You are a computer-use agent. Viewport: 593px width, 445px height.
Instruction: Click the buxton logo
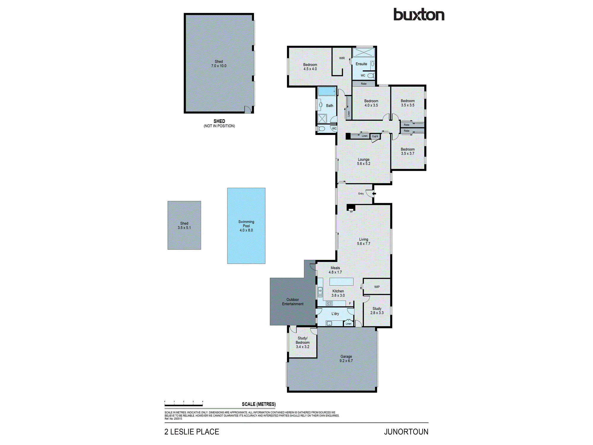(x=419, y=15)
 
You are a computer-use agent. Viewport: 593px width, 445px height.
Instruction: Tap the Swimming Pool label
(x=246, y=226)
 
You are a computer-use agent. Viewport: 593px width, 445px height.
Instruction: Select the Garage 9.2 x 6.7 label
(x=346, y=359)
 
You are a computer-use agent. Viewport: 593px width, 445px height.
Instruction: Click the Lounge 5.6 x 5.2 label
(x=364, y=162)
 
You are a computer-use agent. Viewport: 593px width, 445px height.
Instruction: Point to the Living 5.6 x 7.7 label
(x=364, y=241)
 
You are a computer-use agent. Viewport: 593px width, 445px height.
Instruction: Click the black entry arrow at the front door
(x=374, y=194)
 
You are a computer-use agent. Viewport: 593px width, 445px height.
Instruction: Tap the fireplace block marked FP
(x=351, y=207)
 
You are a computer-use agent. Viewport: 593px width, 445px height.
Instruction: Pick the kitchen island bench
(x=341, y=282)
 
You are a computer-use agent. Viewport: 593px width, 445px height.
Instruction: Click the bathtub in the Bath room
(x=326, y=91)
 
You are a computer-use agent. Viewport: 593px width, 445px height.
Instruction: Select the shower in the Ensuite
(x=364, y=53)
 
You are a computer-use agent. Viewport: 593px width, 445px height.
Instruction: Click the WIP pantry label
(x=377, y=287)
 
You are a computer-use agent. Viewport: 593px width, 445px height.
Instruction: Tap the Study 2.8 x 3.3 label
(x=377, y=311)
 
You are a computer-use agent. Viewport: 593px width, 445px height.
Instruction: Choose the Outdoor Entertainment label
(x=293, y=302)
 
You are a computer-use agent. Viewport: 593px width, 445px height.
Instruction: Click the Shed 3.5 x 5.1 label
(x=184, y=225)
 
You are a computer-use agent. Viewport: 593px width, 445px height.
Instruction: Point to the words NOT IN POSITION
(x=219, y=126)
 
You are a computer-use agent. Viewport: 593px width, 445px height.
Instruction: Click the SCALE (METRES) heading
(x=259, y=404)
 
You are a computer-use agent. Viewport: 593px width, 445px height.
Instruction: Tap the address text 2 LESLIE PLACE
(x=192, y=432)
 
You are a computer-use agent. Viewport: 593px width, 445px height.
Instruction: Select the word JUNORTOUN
(x=406, y=432)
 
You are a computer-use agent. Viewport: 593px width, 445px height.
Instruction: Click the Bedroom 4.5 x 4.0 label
(x=310, y=67)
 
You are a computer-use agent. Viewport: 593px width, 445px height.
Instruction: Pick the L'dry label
(x=335, y=314)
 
